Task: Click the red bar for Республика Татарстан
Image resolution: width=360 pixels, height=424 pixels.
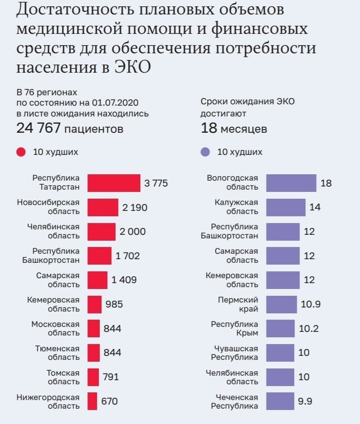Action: [114, 183]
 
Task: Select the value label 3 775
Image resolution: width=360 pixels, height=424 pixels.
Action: [156, 183]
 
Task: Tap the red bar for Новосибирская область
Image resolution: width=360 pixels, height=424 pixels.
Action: [102, 207]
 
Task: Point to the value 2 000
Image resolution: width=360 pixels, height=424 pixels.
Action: [133, 232]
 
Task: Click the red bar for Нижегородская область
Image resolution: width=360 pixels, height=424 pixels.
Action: [92, 401]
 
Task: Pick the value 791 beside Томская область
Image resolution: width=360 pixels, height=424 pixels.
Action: [111, 377]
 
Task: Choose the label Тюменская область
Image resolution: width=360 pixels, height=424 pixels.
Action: [57, 353]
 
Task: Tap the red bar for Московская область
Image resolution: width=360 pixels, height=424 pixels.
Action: [93, 328]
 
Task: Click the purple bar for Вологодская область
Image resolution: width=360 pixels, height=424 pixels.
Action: [291, 183]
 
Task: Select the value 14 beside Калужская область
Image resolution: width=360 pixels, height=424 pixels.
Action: [315, 208]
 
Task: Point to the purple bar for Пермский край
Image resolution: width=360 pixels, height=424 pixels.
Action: [281, 304]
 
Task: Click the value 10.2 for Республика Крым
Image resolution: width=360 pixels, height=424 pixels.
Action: [309, 328]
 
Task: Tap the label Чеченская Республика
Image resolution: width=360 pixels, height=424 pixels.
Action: [235, 401]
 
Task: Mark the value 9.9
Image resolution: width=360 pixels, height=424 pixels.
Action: [305, 401]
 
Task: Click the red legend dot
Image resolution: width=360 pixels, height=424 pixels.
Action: [21, 152]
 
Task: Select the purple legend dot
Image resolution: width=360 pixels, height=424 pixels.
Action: [205, 152]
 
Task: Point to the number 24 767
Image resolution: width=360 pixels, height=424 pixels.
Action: [38, 128]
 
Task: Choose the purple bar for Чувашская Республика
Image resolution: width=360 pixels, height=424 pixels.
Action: [280, 353]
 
